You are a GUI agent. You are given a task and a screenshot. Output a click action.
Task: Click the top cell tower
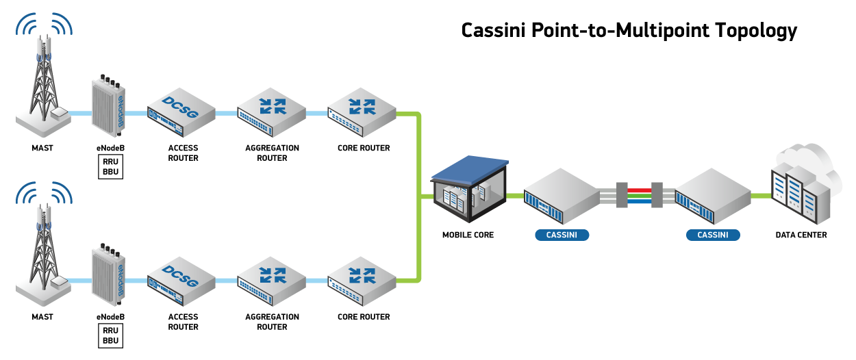pos(44,82)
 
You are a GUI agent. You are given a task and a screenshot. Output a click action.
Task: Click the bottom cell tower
pos(44,250)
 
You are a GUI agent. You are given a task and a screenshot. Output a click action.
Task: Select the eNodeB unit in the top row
pos(108,107)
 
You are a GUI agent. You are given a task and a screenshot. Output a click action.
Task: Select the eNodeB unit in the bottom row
pos(108,276)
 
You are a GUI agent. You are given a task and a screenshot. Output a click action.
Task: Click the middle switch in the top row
pos(271,112)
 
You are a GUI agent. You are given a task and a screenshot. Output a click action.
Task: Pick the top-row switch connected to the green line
pos(362,112)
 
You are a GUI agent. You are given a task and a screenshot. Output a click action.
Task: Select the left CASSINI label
pos(562,235)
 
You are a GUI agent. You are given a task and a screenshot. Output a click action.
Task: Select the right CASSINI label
pos(713,235)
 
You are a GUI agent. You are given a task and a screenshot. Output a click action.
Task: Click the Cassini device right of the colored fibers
pos(713,196)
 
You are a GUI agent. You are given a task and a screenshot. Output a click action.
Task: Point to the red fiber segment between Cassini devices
pos(640,190)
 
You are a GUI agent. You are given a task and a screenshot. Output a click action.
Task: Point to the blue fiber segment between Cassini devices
pos(640,202)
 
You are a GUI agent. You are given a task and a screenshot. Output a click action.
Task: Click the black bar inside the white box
pos(629,32)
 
